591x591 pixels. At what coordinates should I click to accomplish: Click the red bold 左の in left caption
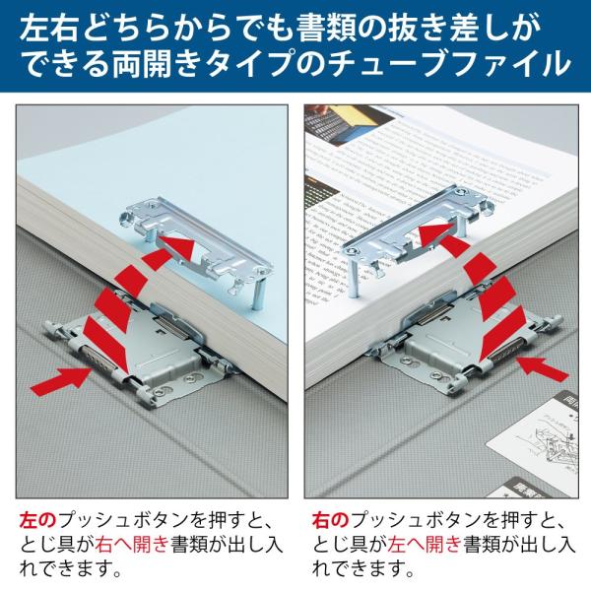pos(35,517)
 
